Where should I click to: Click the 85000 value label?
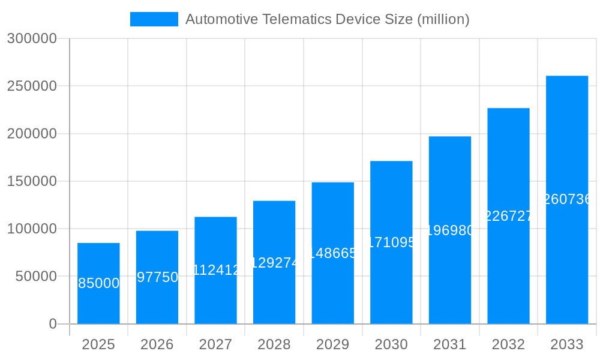click(x=99, y=284)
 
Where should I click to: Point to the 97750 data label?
click(x=157, y=277)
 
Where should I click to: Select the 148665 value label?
click(x=333, y=253)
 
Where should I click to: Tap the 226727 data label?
click(x=508, y=216)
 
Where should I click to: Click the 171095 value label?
click(x=391, y=242)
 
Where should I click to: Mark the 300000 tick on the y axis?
click(x=32, y=39)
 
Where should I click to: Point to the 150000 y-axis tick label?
click(x=32, y=181)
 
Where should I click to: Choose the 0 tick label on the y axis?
click(x=53, y=324)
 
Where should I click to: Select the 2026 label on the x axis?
click(x=157, y=344)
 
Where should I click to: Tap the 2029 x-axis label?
click(x=333, y=344)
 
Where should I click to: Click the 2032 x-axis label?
click(x=508, y=344)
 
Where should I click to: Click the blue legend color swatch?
click(x=154, y=19)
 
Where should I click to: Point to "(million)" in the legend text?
click(x=443, y=19)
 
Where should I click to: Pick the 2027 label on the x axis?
click(x=215, y=344)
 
